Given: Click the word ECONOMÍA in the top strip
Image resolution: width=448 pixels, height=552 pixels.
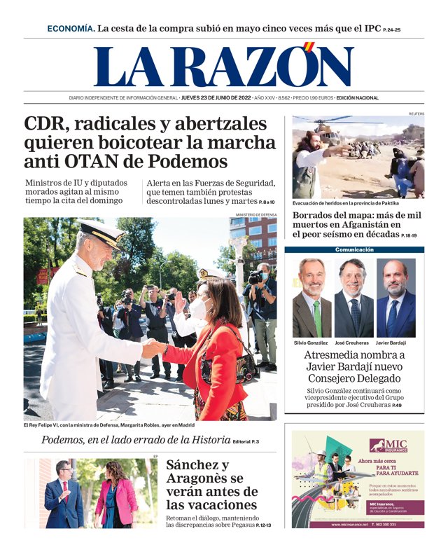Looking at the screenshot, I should pyautogui.click(x=70, y=29).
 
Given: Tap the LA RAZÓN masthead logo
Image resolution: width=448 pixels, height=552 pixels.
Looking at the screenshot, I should pyautogui.click(x=223, y=66).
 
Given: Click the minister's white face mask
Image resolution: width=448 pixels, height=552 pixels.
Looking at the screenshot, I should pyautogui.click(x=200, y=306).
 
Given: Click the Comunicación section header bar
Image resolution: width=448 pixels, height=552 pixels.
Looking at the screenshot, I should pyautogui.click(x=354, y=249).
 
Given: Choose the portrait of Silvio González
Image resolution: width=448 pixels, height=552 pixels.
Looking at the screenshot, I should pyautogui.click(x=311, y=298).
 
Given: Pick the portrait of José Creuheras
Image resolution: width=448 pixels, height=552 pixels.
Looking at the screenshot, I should pyautogui.click(x=353, y=298).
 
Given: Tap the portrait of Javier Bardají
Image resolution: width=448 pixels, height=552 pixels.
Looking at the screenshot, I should pyautogui.click(x=396, y=298).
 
